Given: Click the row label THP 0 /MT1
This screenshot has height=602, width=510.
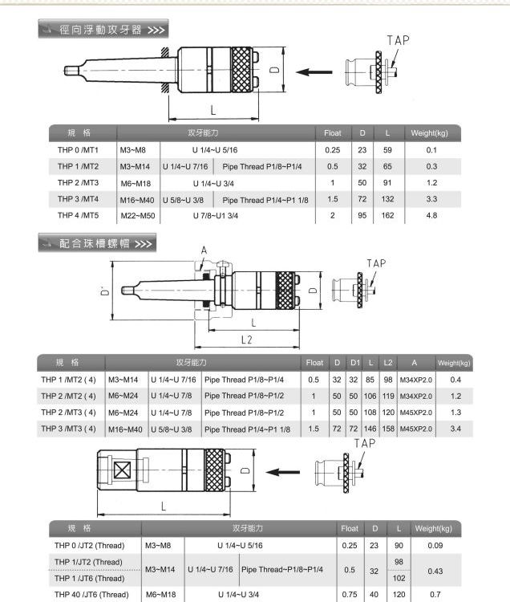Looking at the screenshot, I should click(78, 150).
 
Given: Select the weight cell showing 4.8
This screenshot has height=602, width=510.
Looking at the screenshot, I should click(431, 216).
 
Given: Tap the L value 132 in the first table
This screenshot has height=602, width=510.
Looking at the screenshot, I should click(387, 199).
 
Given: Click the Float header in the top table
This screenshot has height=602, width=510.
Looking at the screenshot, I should click(332, 132).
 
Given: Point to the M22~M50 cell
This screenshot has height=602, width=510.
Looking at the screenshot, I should click(137, 216).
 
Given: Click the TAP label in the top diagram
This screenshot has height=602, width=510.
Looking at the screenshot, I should click(398, 40).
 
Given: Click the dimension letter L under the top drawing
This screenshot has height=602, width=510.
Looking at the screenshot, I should click(212, 108).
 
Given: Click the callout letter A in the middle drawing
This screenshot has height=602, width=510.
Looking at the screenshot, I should click(204, 250).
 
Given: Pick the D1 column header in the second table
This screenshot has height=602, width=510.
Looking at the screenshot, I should click(354, 363).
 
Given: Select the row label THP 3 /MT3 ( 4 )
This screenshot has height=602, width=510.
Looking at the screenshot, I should click(68, 429).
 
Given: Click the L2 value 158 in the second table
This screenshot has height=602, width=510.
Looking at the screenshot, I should click(388, 429).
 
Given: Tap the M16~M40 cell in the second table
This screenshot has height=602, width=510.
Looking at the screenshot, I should click(125, 429).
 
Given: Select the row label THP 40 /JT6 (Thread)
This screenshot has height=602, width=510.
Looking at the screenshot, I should click(91, 595).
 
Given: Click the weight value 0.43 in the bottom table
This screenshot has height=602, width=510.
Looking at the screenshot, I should click(434, 570).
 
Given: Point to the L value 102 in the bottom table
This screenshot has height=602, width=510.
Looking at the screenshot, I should click(399, 578).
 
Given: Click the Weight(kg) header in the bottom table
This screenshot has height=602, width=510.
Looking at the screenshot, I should click(434, 529).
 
